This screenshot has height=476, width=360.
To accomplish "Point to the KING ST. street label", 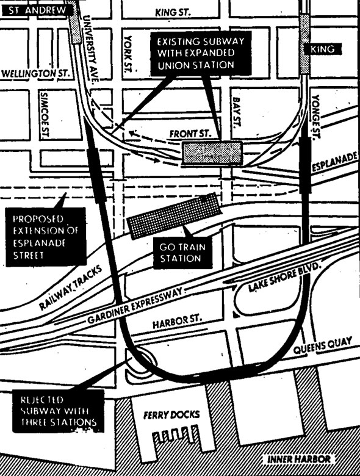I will click(x=173, y=12).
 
